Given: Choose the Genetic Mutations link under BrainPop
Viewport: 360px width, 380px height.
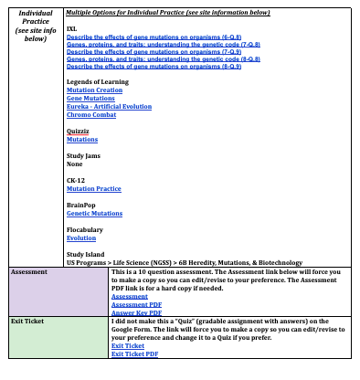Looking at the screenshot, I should point(94,213).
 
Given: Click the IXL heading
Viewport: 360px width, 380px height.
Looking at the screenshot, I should point(72,29).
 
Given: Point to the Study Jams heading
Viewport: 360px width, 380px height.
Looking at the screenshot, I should point(84,156).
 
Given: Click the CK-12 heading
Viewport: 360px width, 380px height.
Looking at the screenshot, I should point(77,180).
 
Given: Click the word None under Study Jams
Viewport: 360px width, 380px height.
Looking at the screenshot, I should point(76,164).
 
